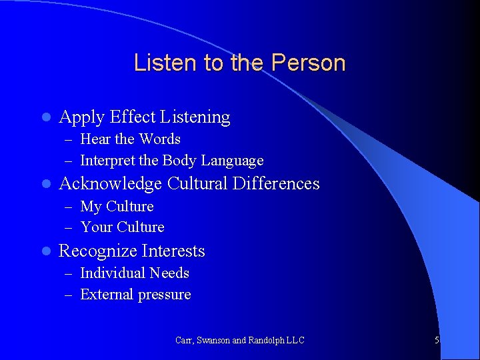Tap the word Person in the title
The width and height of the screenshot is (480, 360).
coord(309,63)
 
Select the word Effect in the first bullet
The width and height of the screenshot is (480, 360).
coord(133,117)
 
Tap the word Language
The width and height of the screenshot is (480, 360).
coord(233,161)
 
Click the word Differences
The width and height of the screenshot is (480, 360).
coord(277,184)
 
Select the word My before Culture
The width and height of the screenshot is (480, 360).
coord(91,207)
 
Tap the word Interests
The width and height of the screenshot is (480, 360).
coord(175,251)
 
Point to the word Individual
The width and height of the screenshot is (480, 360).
coord(113,273)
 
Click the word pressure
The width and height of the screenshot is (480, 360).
coord(163,295)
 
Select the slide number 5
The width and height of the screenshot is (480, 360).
coord(437,340)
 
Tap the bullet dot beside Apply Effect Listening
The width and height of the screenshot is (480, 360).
coord(45,117)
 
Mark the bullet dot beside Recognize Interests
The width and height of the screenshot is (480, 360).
coord(45,251)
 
